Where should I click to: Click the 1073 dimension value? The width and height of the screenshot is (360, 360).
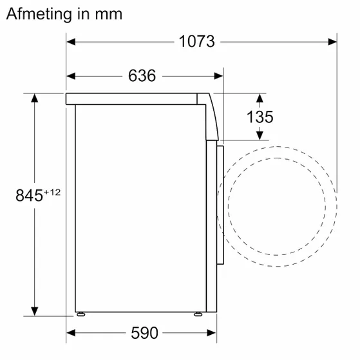(x=196, y=42)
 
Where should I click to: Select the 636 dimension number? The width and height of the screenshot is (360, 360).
(x=142, y=76)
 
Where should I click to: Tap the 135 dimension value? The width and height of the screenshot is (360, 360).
(x=260, y=117)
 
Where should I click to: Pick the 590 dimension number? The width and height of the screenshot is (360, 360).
(x=144, y=333)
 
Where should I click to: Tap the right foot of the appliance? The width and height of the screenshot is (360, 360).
(x=198, y=315)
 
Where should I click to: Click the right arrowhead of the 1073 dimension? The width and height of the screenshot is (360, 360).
(x=332, y=42)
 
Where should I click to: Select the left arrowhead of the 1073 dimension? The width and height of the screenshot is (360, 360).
(x=71, y=42)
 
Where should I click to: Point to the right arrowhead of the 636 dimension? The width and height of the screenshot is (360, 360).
(x=218, y=76)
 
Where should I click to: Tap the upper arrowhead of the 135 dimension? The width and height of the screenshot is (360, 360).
(x=260, y=99)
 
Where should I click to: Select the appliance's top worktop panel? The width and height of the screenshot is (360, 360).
(x=135, y=99)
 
